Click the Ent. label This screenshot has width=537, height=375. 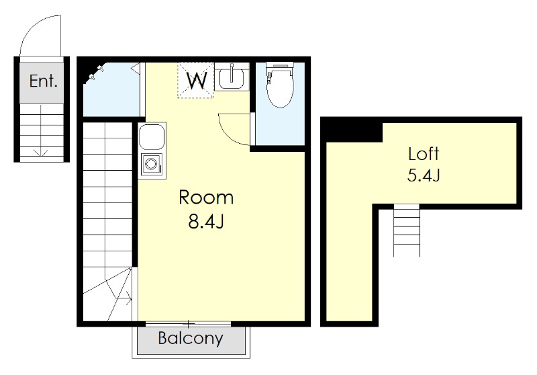coord(43,81)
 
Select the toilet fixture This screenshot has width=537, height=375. coord(280,85)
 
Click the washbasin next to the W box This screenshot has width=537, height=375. coord(232,77)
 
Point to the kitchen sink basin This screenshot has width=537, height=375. coord(152,136)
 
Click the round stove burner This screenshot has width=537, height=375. coord(150,163)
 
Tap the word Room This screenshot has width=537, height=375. coord(206,198)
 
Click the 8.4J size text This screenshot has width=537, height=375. coord(206,221)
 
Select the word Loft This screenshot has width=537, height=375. coord(424,154)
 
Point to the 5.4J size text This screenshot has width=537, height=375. coord(424,175)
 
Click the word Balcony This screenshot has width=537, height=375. coord(191,338)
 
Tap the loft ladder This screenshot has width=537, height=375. coord(407,230)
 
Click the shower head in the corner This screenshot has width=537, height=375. coord(96,73)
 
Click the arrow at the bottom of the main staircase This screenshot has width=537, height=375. coord(128,298)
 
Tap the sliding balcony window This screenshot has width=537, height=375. coord(188,323)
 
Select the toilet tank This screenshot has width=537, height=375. coord(280,65)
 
